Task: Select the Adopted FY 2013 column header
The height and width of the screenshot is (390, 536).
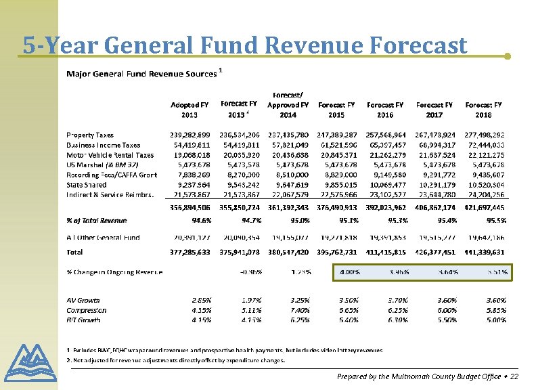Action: pos(189,110)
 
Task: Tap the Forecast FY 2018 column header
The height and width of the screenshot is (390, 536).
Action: pos(484,110)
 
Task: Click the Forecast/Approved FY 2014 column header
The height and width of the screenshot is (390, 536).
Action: pos(288,105)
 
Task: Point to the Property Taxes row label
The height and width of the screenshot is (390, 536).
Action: pos(90,135)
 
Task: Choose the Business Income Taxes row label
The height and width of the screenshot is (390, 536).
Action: pos(103,145)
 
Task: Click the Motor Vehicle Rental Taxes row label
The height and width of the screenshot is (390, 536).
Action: pos(110,155)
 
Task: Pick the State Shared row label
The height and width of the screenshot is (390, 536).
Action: pos(86,185)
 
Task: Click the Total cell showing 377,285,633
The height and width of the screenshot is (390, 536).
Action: pos(189,252)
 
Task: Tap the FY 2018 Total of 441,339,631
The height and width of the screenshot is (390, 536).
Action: pos(485,252)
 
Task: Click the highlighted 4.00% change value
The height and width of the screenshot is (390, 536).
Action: pos(349,272)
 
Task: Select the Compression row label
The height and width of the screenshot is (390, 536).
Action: pos(87,310)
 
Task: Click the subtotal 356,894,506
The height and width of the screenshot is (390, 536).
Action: pos(189,207)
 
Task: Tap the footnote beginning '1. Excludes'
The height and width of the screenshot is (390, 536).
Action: pos(224,350)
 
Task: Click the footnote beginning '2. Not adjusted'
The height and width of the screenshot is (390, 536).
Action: pos(175,360)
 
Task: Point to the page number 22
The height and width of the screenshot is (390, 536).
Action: pos(514,376)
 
